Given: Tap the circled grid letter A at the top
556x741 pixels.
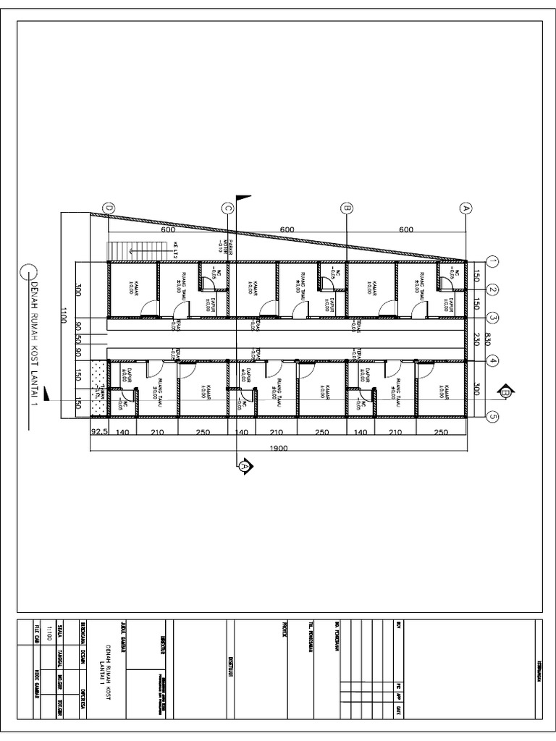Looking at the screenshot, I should click(x=466, y=208).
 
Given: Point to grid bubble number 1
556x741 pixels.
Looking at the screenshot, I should click(x=493, y=261).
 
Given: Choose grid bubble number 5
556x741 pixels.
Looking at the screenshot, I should click(x=493, y=416).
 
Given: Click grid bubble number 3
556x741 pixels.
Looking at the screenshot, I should click(x=493, y=317).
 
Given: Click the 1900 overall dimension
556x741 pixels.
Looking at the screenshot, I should click(x=279, y=447).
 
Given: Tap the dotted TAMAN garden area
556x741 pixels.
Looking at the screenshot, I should click(x=98, y=391).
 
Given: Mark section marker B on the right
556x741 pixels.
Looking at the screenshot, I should click(x=505, y=393).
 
